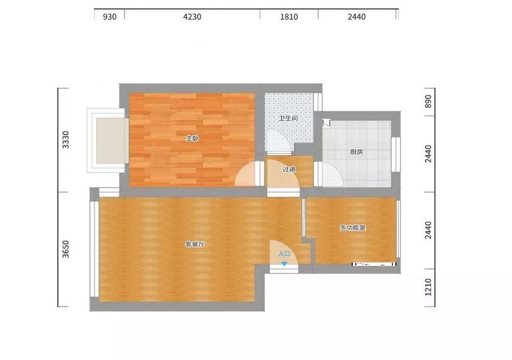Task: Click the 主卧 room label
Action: pos(192,139)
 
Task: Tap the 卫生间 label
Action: pos(288,118)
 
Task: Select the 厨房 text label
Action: pos(356,152)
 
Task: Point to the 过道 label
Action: pos(289,169)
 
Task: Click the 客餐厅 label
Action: pos(195,244)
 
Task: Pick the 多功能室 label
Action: pos(353,227)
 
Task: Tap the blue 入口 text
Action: pos(284,254)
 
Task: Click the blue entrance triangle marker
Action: pos(284,263)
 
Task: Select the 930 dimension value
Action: pos(110,17)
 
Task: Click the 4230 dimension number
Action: pos(192,17)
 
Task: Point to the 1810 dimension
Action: pos(289,17)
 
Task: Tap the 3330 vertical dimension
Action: pos(66,140)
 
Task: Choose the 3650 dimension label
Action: pos(66,249)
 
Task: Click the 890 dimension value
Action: pos(428,102)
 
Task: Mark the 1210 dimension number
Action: pos(428,287)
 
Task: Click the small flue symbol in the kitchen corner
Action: pos(326,123)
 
